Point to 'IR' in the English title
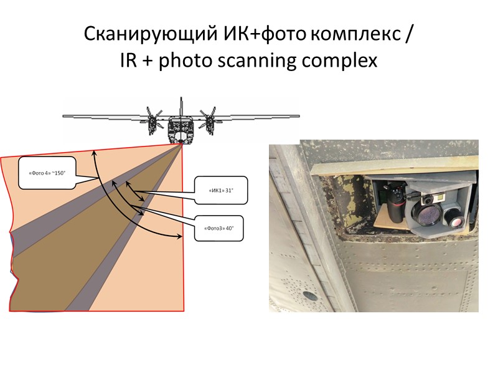(129, 61)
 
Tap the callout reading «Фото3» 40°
(218, 228)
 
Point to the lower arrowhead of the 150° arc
(182, 236)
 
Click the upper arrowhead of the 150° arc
(94, 151)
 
